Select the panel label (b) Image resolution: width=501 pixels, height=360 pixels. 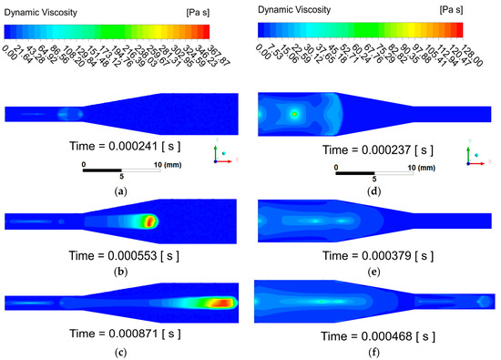click(122, 269)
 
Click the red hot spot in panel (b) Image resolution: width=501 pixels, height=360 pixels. click(148, 220)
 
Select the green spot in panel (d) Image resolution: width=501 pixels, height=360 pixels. click(294, 114)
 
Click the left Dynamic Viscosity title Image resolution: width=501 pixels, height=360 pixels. click(44, 7)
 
